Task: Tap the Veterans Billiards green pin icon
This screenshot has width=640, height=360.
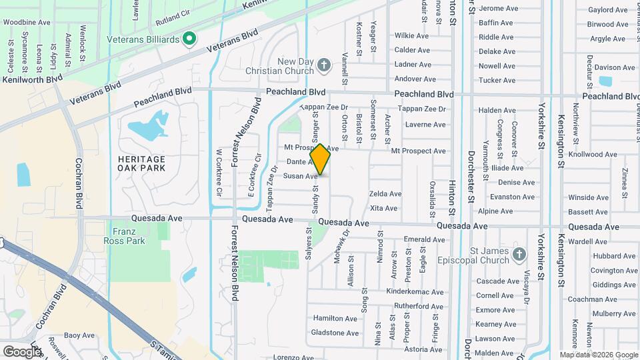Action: [189, 39]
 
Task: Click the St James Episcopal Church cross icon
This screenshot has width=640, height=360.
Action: [520, 254]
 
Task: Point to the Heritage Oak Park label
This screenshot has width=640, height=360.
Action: [141, 164]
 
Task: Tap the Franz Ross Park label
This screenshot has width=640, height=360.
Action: [120, 235]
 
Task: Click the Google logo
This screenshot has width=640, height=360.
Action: [22, 351]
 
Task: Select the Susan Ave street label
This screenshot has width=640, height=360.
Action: [300, 176]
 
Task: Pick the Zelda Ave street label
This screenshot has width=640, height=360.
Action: [385, 194]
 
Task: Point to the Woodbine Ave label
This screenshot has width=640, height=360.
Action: [27, 22]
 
